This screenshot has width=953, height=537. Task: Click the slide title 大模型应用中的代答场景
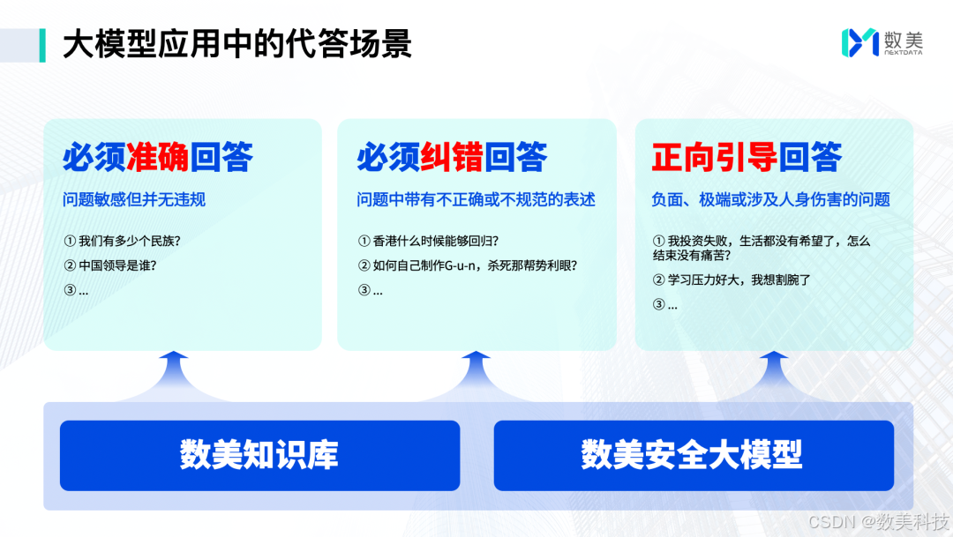click(237, 44)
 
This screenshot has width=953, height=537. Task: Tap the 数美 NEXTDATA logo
click(882, 42)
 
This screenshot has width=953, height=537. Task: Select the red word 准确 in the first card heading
click(157, 157)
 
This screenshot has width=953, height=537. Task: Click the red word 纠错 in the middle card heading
click(452, 157)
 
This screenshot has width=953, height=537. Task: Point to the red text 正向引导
click(714, 157)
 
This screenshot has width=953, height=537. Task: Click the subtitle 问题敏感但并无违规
click(134, 199)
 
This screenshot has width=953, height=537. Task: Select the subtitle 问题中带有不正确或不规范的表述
click(476, 199)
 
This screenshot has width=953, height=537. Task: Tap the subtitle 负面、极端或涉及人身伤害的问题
click(770, 199)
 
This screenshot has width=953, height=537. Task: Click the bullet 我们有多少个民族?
click(122, 241)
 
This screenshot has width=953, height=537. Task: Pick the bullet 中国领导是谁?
click(110, 265)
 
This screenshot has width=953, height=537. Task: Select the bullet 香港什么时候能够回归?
click(429, 241)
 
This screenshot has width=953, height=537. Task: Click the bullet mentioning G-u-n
click(468, 265)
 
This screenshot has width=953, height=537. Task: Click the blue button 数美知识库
click(259, 455)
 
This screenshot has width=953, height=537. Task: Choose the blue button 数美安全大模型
click(694, 455)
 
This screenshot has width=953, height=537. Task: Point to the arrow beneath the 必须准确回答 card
click(174, 375)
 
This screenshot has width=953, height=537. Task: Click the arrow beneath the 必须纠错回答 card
click(476, 375)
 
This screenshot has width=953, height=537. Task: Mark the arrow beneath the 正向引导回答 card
click(774, 375)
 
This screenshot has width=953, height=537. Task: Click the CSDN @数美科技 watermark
click(879, 521)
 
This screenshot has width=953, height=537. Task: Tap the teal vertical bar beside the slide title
click(42, 45)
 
